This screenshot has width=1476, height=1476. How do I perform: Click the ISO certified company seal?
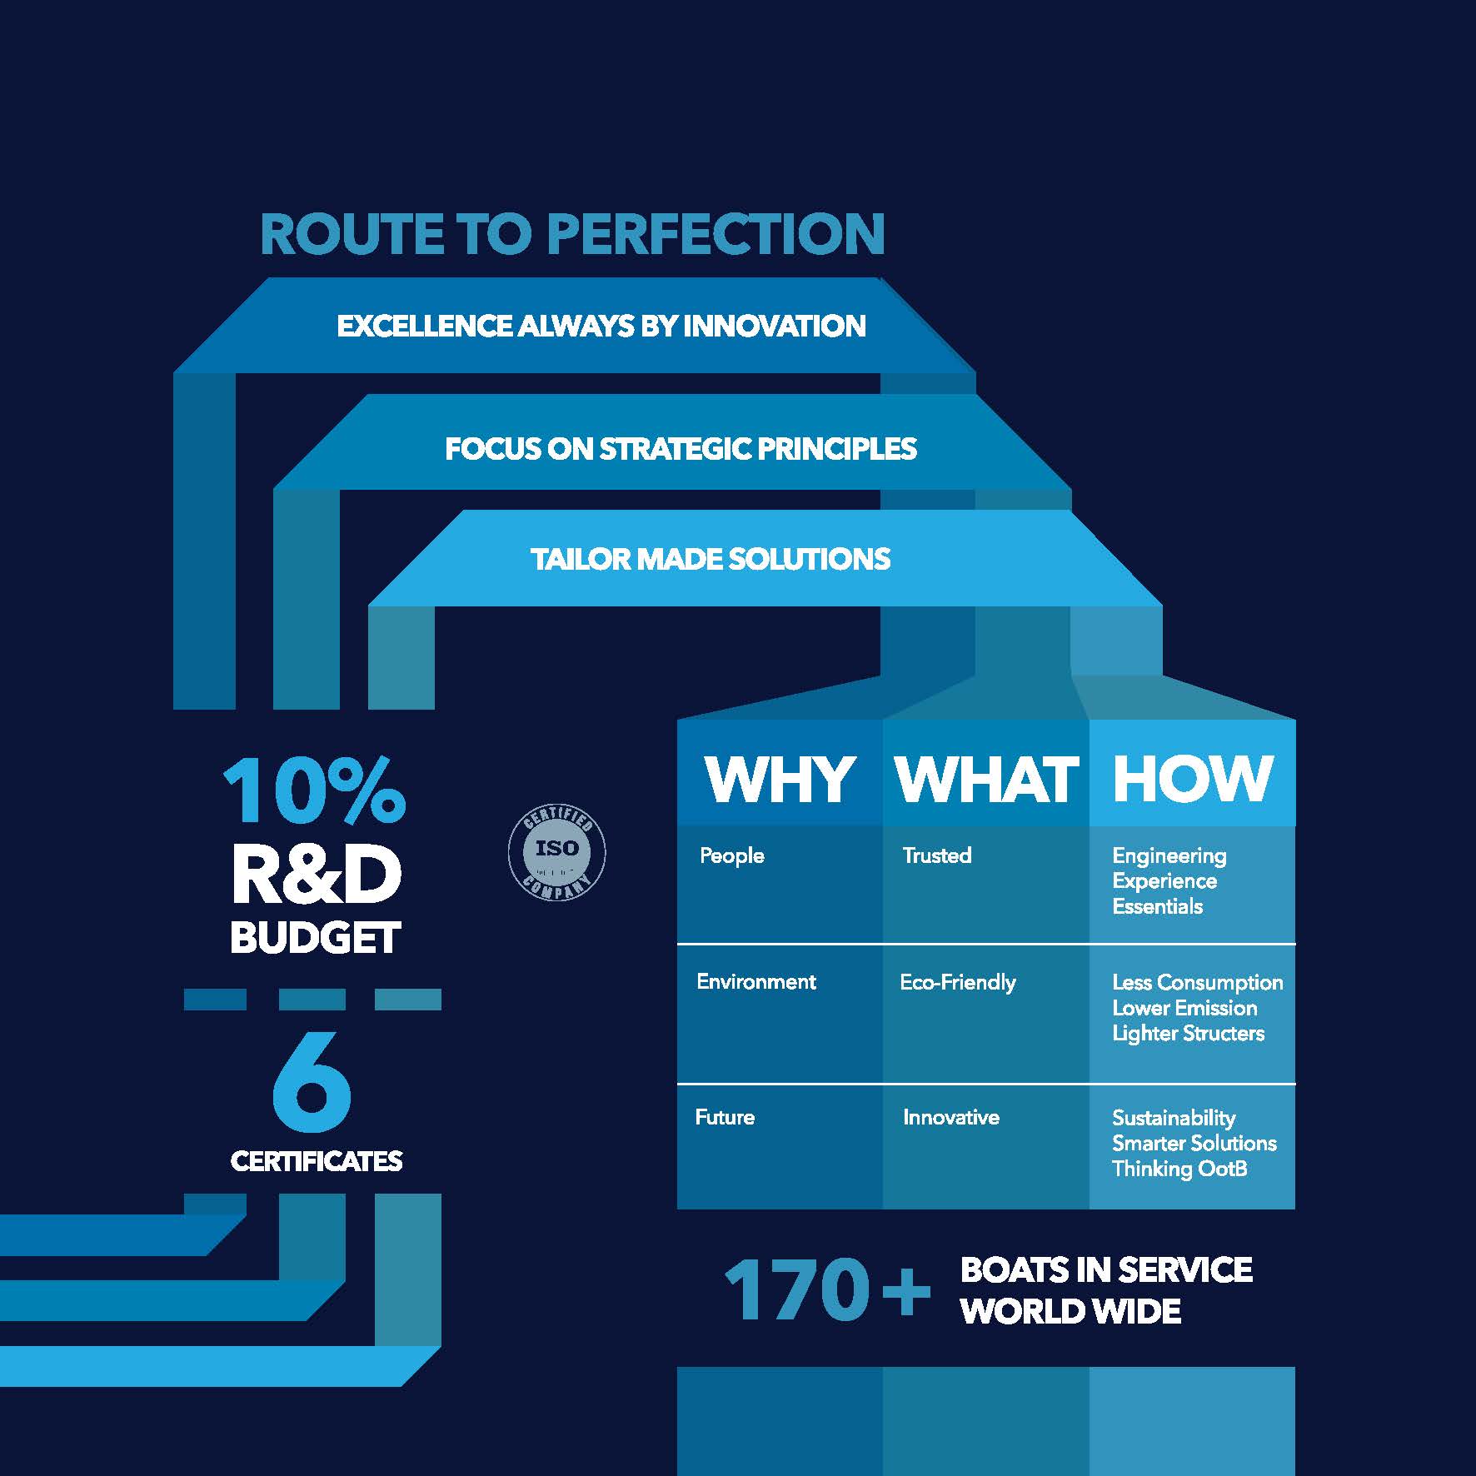coord(556,853)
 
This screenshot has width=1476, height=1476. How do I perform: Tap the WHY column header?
coord(780,780)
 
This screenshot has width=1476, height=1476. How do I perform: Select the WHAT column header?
coord(987,780)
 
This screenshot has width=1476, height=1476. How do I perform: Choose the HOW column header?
coord(1193,780)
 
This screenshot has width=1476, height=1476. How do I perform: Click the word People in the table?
coord(731,856)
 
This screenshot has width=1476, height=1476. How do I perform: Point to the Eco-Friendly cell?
coord(958,983)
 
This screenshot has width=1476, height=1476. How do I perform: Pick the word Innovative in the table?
coord(951,1117)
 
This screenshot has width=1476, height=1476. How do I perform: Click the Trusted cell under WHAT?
coord(937,855)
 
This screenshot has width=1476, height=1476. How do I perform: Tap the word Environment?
coord(756,982)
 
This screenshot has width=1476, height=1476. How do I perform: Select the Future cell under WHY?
coord(725,1117)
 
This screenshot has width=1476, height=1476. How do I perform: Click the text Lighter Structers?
coord(1188,1034)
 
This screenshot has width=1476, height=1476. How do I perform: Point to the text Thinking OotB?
coord(1179,1169)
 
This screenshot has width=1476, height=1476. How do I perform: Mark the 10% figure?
coord(314,790)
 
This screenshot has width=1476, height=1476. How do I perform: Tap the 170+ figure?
coord(827,1290)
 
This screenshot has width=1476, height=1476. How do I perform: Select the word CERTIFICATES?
coord(317,1161)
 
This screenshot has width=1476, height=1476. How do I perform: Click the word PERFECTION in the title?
coord(716,234)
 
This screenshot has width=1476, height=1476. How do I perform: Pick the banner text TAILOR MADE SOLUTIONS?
coord(711,559)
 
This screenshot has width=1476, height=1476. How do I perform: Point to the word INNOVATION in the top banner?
coord(774,326)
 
